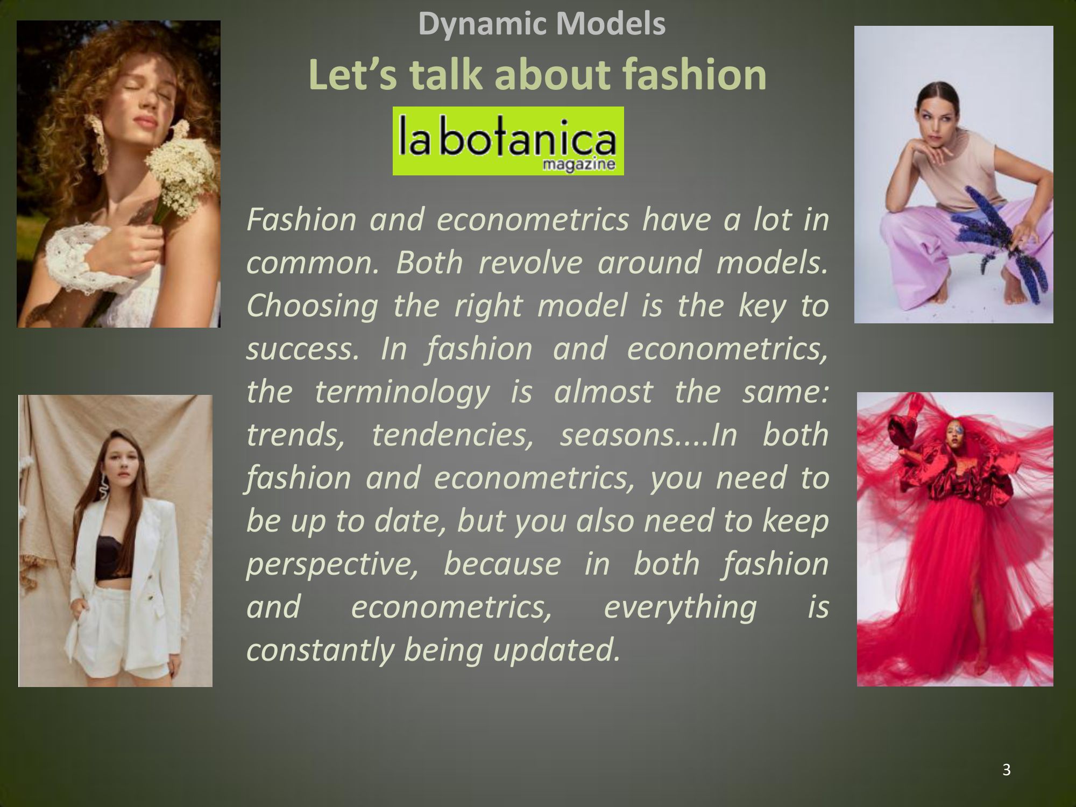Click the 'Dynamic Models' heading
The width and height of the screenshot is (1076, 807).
(x=542, y=24)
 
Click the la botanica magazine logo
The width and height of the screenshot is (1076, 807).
(x=508, y=141)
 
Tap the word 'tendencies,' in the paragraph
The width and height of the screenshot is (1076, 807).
(x=452, y=435)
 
